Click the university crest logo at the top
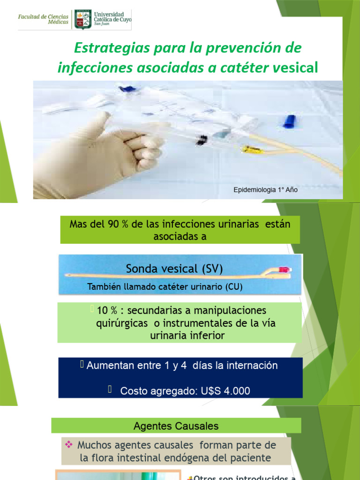(82, 20)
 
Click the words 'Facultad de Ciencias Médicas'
(43, 19)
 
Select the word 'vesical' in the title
(295, 68)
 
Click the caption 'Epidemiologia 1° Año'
(265, 190)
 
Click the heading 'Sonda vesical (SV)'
(174, 269)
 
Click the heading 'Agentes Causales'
(176, 426)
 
